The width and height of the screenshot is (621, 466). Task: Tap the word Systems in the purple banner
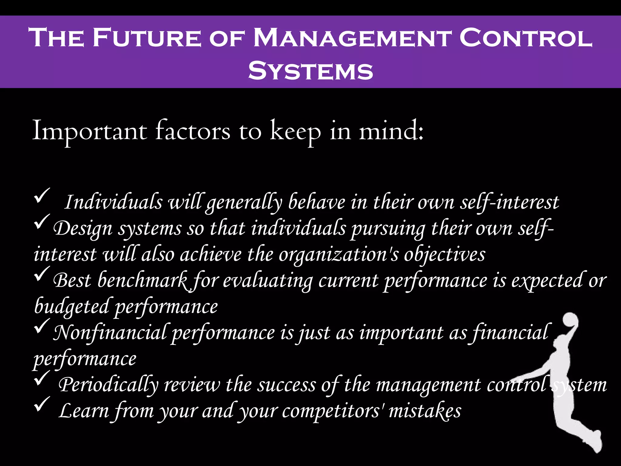pyautogui.click(x=310, y=71)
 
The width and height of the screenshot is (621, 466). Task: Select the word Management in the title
pyautogui.click(x=351, y=38)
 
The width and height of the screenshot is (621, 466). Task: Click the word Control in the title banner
pyautogui.click(x=526, y=38)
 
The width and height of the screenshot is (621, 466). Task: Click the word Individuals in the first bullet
pyautogui.click(x=113, y=202)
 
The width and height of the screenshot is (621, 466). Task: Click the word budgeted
pyautogui.click(x=72, y=306)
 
